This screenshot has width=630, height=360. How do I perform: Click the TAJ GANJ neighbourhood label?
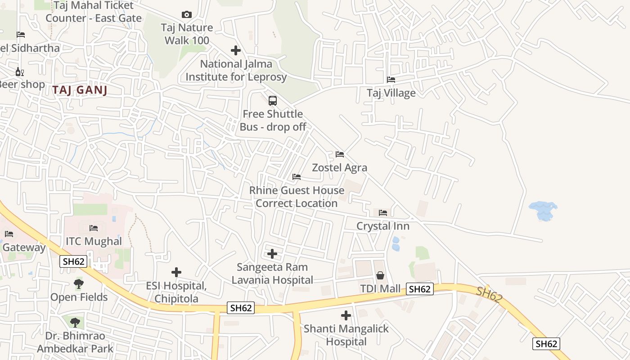coord(80,90)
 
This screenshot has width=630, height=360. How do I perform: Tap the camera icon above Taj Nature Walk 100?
coord(186,15)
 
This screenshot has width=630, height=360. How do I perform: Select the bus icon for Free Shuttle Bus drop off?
coord(273,100)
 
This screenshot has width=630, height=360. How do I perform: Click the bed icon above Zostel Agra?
coord(340,154)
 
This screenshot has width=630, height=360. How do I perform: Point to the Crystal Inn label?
coord(383,226)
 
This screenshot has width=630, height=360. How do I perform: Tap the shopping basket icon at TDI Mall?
coord(380,275)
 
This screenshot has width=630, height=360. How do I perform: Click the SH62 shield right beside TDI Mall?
coord(419,289)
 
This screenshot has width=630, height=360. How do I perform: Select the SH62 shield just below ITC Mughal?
coord(73,261)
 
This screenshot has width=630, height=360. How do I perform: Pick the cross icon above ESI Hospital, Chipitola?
coord(176,272)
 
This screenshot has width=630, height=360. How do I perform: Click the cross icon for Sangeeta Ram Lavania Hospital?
coord(272,254)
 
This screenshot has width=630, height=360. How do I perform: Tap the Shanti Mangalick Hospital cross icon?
coord(346,315)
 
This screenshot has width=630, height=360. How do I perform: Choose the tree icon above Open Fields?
coord(79,284)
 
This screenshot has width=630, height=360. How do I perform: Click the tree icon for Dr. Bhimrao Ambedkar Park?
coord(75,322)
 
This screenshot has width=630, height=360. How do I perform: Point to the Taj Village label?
coord(391,93)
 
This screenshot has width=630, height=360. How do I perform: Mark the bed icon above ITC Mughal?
coord(94,228)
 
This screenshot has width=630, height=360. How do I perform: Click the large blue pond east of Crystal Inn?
coord(543,211)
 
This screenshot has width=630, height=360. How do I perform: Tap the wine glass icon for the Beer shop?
coord(19,72)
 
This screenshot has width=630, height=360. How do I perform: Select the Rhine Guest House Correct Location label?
coord(297,197)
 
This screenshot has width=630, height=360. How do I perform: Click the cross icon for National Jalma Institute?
coord(236,50)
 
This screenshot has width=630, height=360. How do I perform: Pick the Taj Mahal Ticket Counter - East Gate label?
coord(94,12)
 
